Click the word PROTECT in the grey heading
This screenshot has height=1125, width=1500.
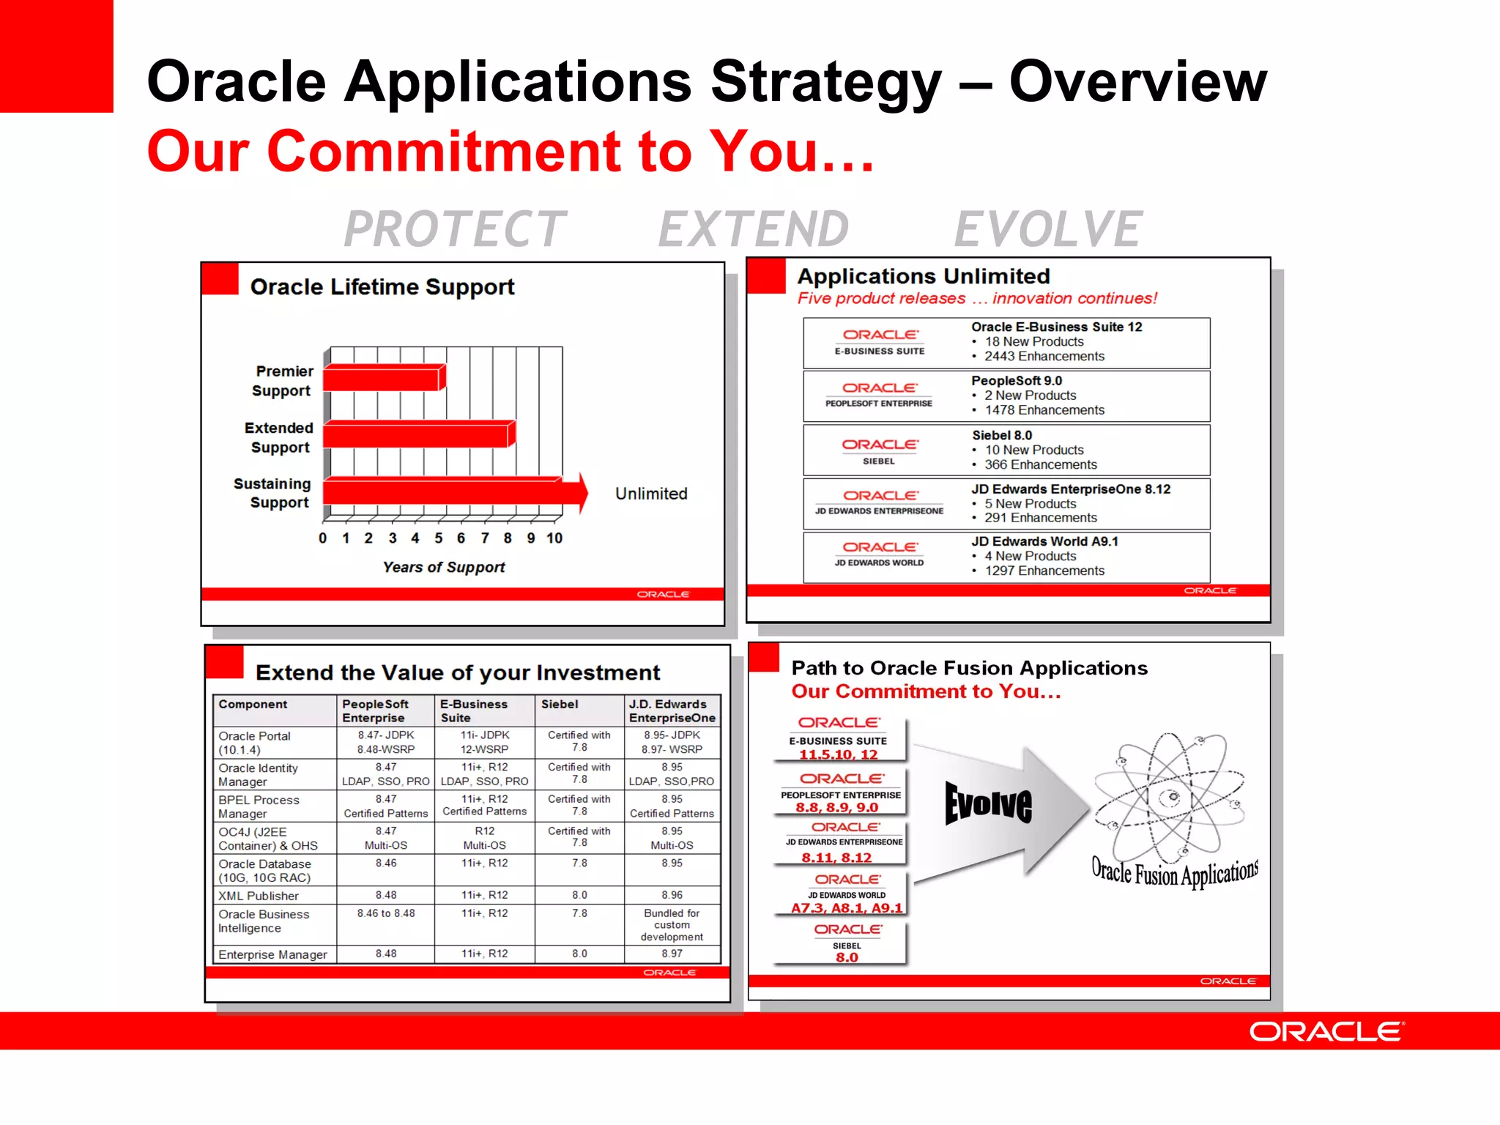click(455, 229)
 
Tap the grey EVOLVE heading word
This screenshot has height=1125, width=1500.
click(1047, 229)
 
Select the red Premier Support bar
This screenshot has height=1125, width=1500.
click(382, 379)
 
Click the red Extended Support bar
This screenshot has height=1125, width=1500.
click(416, 434)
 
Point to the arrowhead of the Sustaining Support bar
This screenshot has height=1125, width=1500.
click(582, 492)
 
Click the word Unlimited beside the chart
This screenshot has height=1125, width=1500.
click(650, 494)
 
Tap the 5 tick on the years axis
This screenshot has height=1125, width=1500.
click(438, 538)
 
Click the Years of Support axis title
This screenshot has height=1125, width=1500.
click(443, 567)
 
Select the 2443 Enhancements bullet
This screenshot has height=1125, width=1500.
click(1044, 357)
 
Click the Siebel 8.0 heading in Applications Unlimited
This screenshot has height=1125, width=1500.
click(1001, 435)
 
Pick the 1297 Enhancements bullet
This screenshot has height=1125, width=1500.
click(1044, 571)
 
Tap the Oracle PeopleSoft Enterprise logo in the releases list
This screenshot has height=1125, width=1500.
click(879, 393)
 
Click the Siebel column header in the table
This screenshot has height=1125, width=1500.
click(560, 705)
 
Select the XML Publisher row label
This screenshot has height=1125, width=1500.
click(259, 896)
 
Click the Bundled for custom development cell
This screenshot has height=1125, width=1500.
click(672, 925)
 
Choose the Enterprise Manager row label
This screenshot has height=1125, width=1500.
click(272, 954)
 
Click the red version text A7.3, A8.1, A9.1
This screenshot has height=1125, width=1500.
click(846, 908)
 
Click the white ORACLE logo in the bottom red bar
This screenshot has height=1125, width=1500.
click(1326, 1032)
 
